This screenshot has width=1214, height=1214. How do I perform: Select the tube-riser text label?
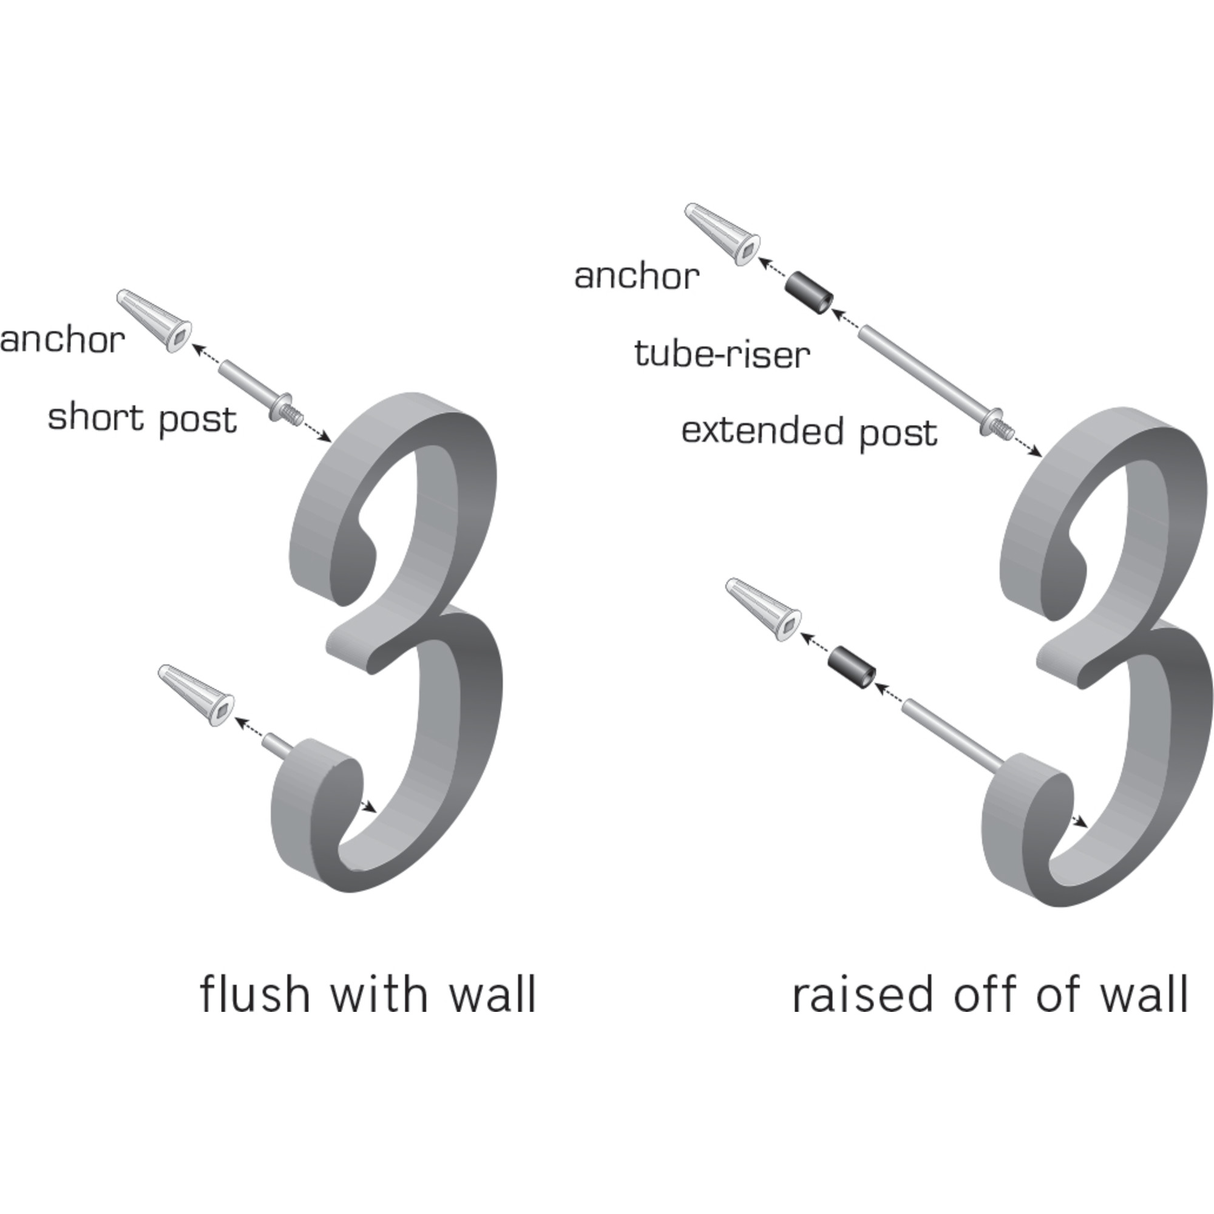tap(722, 354)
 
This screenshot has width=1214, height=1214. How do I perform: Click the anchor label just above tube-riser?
tap(637, 276)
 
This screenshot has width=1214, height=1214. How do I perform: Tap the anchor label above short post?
tap(62, 340)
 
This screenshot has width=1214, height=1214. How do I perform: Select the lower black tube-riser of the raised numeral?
tap(852, 668)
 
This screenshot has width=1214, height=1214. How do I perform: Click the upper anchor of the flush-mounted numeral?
tap(155, 320)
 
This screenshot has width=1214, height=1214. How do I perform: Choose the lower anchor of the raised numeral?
tap(764, 609)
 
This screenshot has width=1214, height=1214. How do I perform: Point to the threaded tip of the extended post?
tap(1004, 429)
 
